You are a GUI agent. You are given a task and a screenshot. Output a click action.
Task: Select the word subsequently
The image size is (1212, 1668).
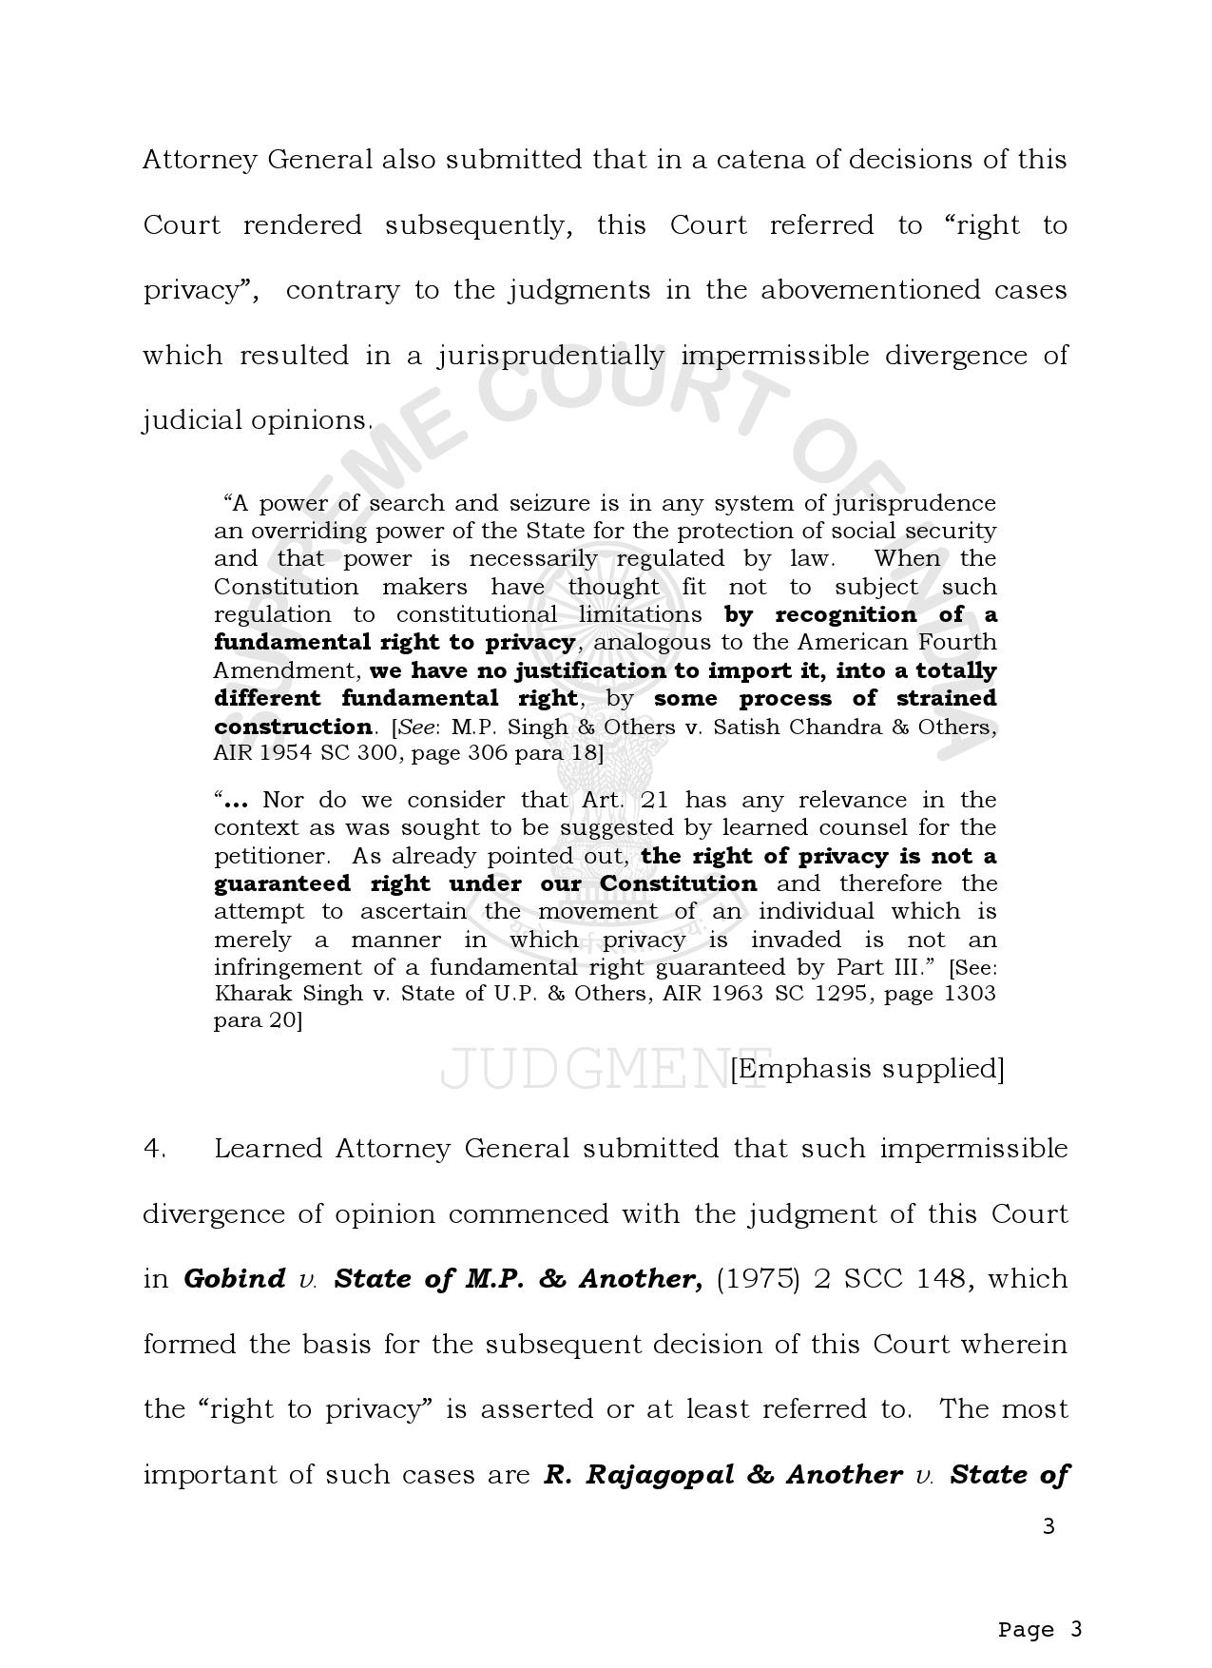[478, 225]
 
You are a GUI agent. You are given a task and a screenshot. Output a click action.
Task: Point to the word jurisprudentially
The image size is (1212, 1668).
[551, 356]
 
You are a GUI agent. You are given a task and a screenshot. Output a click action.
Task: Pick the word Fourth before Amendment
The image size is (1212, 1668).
[954, 642]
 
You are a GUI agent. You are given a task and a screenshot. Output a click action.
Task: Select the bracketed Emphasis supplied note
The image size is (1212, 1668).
[867, 1069]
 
